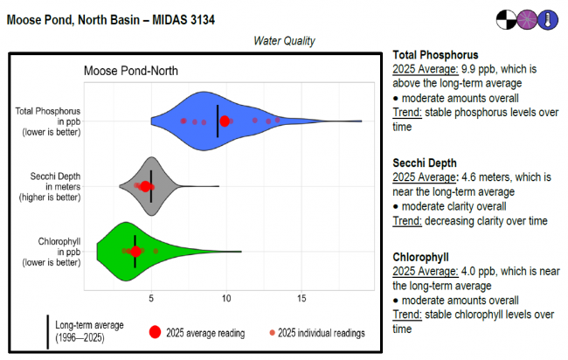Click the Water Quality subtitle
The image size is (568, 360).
[284, 41]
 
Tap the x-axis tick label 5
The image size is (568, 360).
[151, 299]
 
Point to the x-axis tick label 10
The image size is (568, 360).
[226, 299]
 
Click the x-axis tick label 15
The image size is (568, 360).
[301, 299]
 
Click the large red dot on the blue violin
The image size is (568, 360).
[225, 121]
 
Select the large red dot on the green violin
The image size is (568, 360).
[135, 252]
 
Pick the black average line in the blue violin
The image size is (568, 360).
[218, 121]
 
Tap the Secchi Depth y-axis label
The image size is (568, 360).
[49, 187]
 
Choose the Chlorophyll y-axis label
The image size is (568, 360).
[49, 251]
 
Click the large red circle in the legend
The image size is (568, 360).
[155, 332]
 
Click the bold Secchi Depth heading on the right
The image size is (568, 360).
[426, 163]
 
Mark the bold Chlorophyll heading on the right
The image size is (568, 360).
[420, 257]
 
